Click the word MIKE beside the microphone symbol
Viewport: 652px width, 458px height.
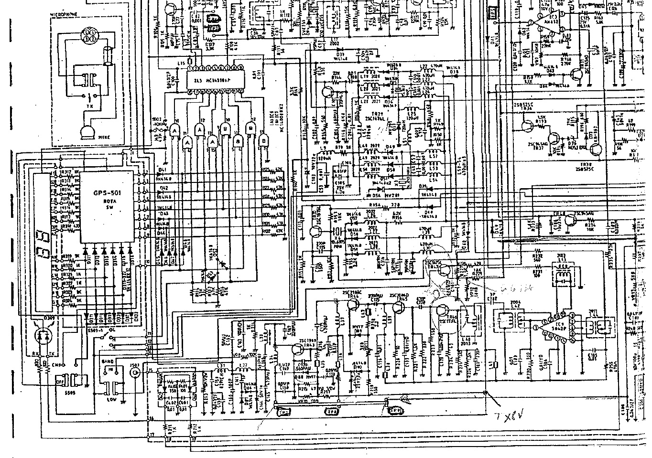pos(104,137)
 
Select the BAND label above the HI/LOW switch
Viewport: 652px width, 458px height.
pos(109,362)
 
